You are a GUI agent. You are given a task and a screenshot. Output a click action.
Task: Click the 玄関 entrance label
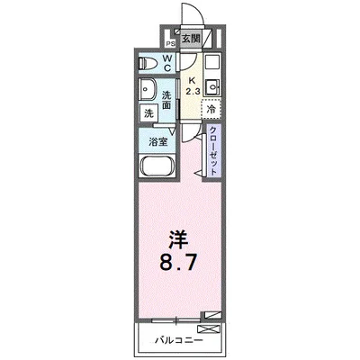(x=190, y=40)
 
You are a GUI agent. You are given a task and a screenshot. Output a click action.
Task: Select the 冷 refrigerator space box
(x=211, y=109)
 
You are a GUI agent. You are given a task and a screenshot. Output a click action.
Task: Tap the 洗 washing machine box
(x=148, y=113)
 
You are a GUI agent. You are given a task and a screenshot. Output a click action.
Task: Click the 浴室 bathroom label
(x=157, y=141)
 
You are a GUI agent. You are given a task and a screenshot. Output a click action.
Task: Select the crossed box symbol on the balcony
(x=212, y=315)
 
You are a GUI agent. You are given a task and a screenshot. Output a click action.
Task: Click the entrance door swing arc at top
(x=191, y=16)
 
